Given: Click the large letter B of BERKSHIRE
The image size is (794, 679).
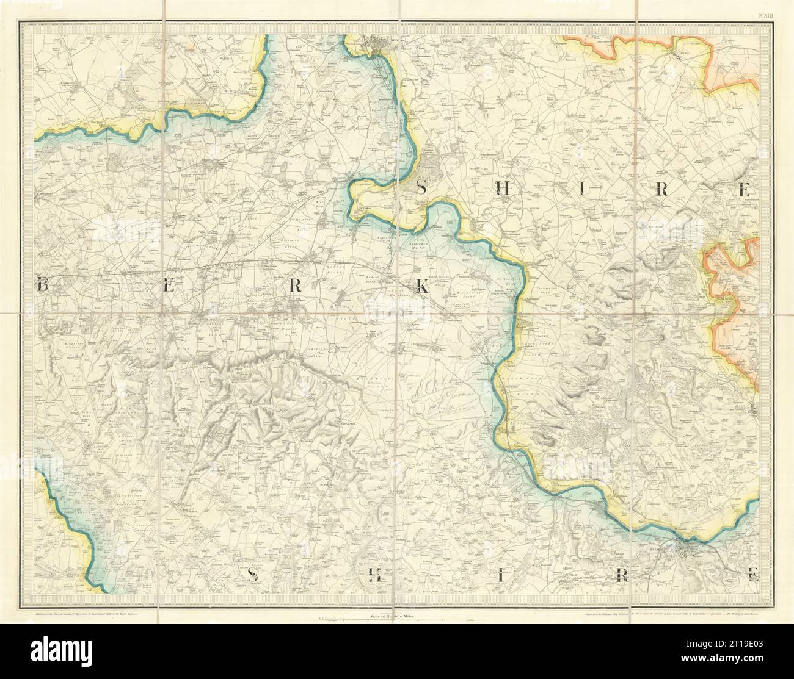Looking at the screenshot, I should pos(43,285).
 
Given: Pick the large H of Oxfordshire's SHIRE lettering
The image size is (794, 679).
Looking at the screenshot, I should pos(504,190).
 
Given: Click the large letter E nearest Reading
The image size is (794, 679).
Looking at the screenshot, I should pos(753,573).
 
